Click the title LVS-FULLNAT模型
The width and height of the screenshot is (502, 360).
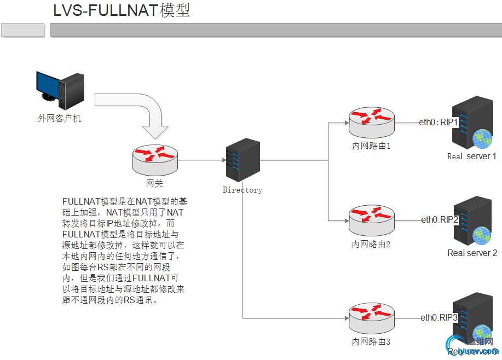click(122, 11)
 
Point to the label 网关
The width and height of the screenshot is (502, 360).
click(154, 183)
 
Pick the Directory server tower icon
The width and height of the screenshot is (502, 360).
click(243, 160)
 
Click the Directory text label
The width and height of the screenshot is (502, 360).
click(243, 190)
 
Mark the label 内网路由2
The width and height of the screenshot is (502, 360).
click(371, 245)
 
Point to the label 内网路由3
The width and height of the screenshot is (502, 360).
click(371, 342)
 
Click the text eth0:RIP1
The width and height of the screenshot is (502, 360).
click(438, 122)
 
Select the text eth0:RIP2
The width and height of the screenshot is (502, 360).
click(439, 219)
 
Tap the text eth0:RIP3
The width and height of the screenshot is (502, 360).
click(439, 317)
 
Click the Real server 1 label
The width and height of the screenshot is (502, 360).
click(471, 156)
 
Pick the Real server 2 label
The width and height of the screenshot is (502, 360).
click(472, 253)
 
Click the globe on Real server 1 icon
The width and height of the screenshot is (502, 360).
click(483, 138)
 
